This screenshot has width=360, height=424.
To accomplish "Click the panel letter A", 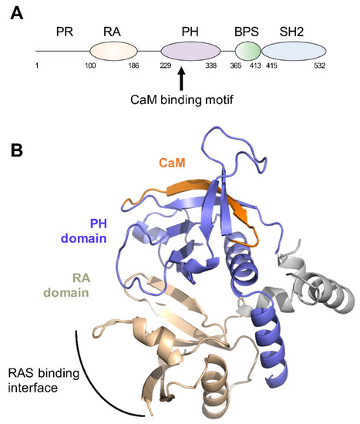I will point(12,12).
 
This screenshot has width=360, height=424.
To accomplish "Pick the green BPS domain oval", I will point(247,52).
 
